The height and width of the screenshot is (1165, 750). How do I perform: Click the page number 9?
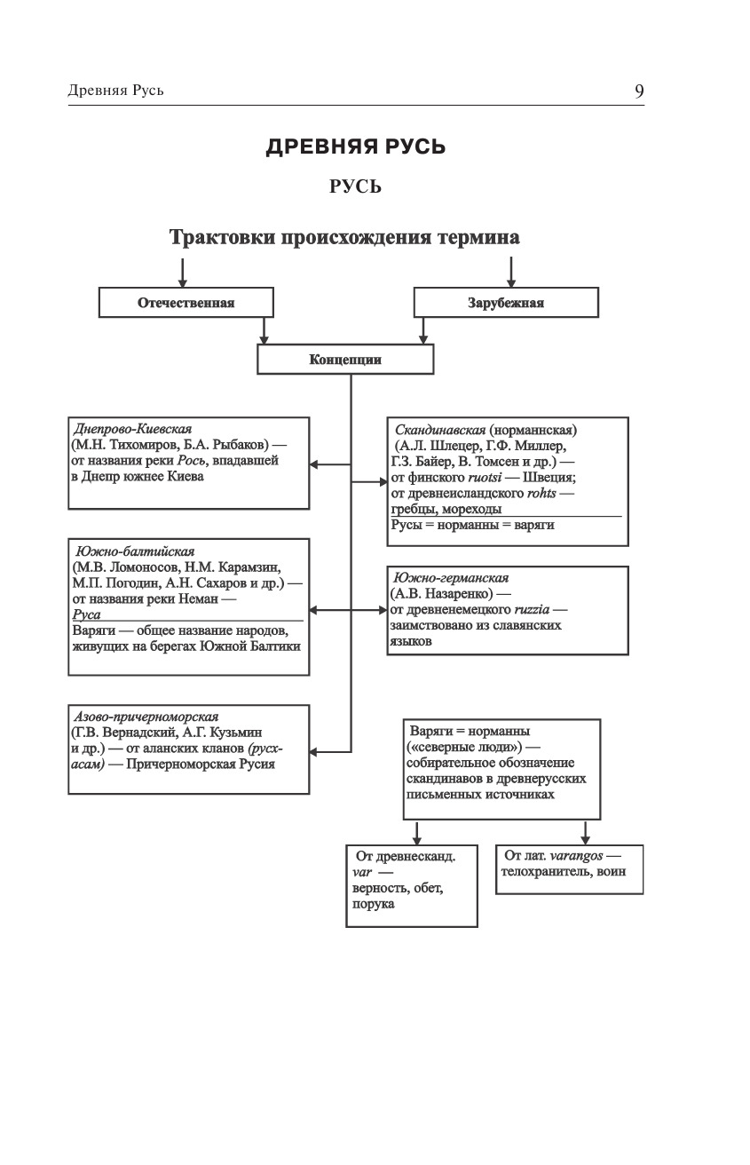click(639, 91)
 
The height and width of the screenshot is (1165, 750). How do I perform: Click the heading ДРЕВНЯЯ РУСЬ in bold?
click(356, 147)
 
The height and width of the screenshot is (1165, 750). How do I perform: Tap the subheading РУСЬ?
click(355, 186)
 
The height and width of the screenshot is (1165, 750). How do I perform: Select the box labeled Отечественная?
click(186, 303)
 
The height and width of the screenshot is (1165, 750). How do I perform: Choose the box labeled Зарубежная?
click(506, 303)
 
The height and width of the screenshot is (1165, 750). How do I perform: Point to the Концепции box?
click(345, 360)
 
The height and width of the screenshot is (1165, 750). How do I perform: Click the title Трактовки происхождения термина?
click(344, 238)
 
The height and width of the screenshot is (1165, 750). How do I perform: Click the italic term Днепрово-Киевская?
click(133, 428)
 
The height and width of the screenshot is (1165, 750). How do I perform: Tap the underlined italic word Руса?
click(86, 614)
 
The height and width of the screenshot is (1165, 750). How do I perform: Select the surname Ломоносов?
click(151, 567)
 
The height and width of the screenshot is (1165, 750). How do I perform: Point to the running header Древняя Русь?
click(115, 91)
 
